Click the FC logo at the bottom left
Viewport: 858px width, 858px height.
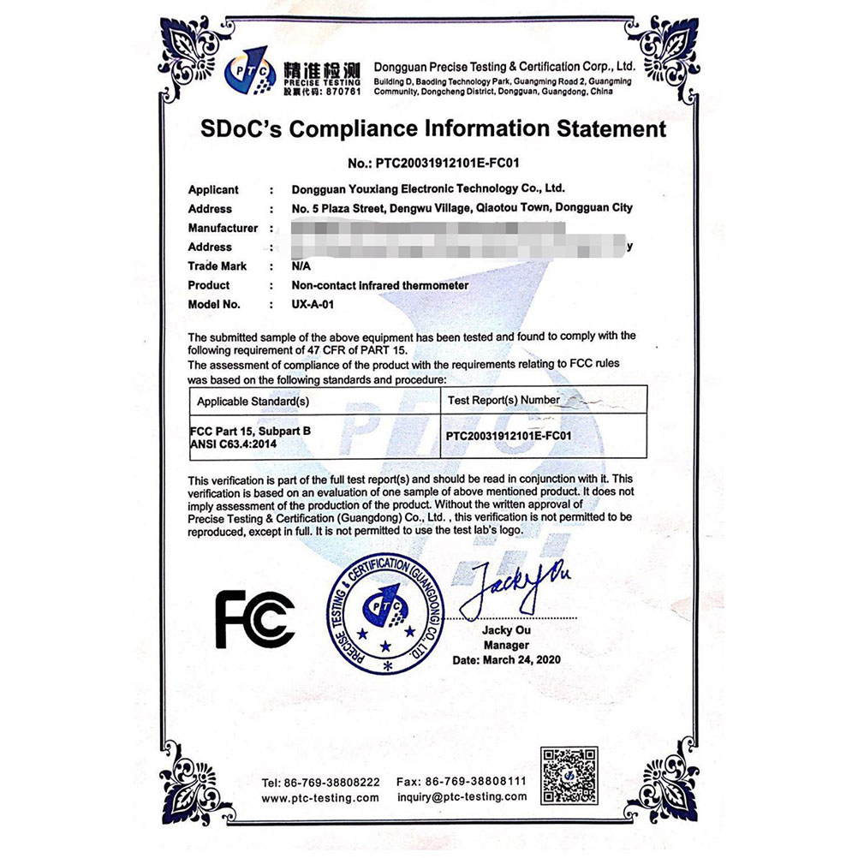pos(254,618)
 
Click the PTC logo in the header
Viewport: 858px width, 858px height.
pos(250,72)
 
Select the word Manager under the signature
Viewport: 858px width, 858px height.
pos(506,645)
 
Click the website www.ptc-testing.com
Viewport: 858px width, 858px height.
pos(319,797)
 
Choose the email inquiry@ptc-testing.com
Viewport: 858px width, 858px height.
pos(462,797)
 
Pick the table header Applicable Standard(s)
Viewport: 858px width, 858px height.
pos(253,401)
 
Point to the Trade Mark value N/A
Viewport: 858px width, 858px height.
pos(301,266)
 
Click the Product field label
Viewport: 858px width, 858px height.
pos(209,285)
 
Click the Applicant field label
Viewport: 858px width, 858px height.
pos(213,190)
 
